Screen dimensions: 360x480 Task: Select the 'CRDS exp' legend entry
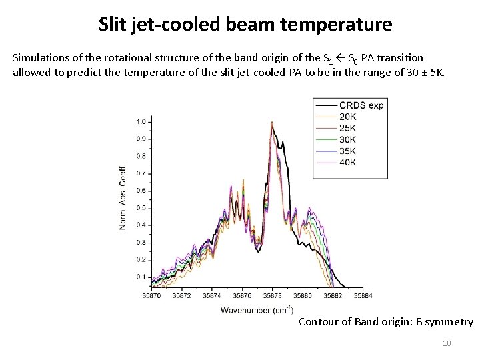(x=361, y=105)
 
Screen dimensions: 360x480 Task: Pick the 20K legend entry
(x=347, y=117)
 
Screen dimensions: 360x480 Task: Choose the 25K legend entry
(x=347, y=128)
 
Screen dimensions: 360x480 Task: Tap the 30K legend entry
(x=347, y=139)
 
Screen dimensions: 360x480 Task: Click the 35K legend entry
(x=347, y=151)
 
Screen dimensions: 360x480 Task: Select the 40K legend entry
(x=347, y=162)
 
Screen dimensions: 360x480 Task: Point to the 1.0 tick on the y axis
(x=141, y=122)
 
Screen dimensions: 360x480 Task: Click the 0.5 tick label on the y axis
(x=141, y=208)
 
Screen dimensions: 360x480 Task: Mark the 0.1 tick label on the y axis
(x=141, y=277)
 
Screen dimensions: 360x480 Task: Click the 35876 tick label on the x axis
(x=241, y=295)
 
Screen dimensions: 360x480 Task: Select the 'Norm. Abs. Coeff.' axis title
(x=123, y=196)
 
